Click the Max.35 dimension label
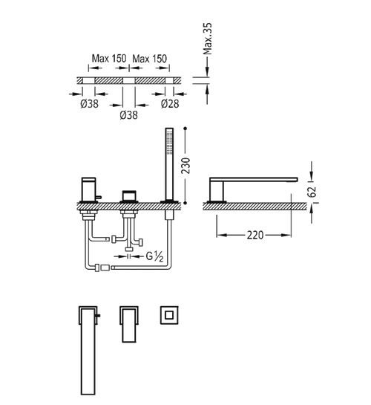click(208, 39)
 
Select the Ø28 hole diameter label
click(170, 104)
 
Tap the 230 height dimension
click(185, 166)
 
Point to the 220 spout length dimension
click(255, 235)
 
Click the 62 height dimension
click(312, 191)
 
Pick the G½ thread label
click(154, 256)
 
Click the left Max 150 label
click(109, 59)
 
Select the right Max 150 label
click(150, 59)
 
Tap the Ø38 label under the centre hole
click(128, 115)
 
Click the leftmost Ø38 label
click(89, 104)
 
